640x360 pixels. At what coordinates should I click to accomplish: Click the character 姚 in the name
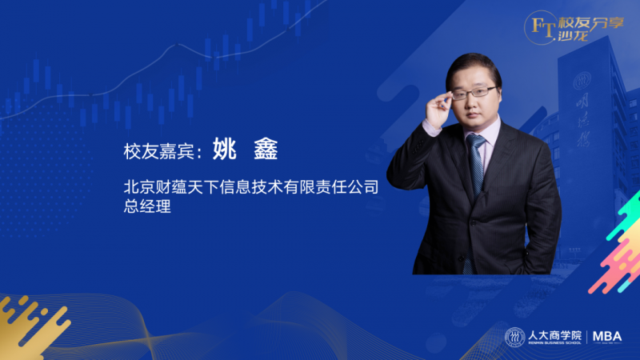[x=225, y=149]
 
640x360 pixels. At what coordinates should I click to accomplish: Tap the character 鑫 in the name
[x=266, y=149]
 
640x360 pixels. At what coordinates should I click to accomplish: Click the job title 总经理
[x=147, y=206]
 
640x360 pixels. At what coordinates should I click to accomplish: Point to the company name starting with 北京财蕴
[x=251, y=187]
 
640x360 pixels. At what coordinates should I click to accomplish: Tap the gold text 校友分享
[x=591, y=23]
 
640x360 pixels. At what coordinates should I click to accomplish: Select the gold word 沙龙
[x=573, y=36]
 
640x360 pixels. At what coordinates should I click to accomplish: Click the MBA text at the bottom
[x=607, y=337]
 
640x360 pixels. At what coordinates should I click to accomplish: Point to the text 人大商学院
[x=554, y=335]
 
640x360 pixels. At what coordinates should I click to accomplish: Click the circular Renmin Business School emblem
[x=514, y=337]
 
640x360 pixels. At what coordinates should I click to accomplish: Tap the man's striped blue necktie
[x=475, y=168]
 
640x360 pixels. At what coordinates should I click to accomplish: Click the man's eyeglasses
[x=474, y=93]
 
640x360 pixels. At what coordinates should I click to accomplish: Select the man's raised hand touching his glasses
[x=438, y=108]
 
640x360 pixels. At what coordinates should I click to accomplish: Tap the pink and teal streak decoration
[x=617, y=245]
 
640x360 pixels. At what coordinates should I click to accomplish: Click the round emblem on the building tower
[x=582, y=81]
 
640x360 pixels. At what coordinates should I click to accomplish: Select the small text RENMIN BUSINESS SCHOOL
[x=554, y=343]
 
